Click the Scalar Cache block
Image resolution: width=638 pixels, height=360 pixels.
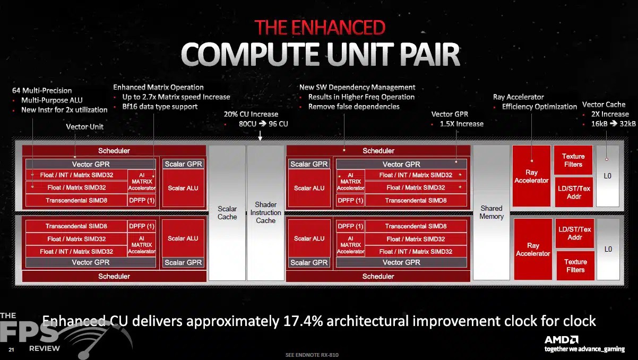tap(227, 213)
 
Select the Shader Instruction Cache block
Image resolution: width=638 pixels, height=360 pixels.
tap(265, 213)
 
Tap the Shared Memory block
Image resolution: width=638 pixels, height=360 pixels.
tap(492, 212)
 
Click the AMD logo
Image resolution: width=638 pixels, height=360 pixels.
tap(562, 340)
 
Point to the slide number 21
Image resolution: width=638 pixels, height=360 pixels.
tap(11, 349)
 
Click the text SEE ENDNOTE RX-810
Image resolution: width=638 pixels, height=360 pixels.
tap(312, 355)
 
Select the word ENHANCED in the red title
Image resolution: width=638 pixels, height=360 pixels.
tap(338, 28)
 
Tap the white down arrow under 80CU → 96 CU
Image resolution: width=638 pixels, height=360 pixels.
tap(260, 136)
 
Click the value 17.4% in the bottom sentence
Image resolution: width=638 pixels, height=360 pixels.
tap(303, 321)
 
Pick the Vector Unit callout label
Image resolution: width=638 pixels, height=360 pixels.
tap(84, 127)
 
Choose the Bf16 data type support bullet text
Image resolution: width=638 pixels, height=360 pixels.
tap(160, 107)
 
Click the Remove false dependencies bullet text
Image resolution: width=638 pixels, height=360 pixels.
tap(354, 107)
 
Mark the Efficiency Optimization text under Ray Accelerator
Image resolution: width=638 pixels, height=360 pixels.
tap(539, 107)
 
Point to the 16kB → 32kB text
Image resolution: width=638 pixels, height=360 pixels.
tap(613, 124)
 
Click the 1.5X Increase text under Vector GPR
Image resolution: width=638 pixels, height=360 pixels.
tap(462, 124)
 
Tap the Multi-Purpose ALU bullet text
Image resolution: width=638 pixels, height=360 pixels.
tap(52, 100)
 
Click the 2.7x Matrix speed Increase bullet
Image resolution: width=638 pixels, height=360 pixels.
tap(176, 97)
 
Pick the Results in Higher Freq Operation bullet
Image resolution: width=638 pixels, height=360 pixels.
tap(361, 97)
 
